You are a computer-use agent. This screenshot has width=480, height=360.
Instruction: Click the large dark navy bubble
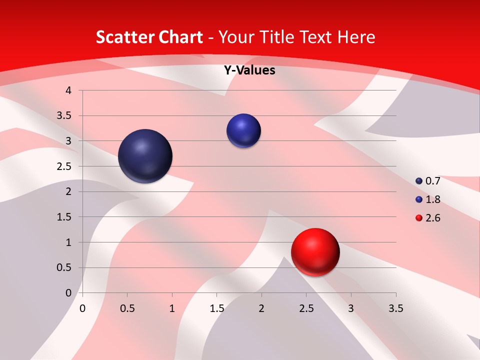pyautogui.click(x=145, y=156)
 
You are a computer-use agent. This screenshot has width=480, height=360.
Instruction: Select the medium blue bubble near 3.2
pyautogui.click(x=243, y=130)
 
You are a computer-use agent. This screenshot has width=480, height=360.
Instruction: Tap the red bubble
pyautogui.click(x=315, y=252)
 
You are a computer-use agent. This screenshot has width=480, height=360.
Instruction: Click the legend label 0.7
pyautogui.click(x=432, y=181)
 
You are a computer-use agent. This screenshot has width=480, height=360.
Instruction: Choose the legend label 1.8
pyautogui.click(x=432, y=199)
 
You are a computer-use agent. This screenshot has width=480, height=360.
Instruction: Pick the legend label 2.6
pyautogui.click(x=432, y=218)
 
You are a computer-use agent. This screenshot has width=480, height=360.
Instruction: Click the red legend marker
pyautogui.click(x=419, y=218)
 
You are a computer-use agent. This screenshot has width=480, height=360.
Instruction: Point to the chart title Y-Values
pyautogui.click(x=249, y=70)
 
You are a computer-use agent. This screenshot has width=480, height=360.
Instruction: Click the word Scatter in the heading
pyautogui.click(x=123, y=37)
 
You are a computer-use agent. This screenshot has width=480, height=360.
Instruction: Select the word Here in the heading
pyautogui.click(x=355, y=37)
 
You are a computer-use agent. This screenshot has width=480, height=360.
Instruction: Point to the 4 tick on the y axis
pyautogui.click(x=69, y=90)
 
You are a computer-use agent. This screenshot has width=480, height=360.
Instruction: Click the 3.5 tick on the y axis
pyautogui.click(x=65, y=116)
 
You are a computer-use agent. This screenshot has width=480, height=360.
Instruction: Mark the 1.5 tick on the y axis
pyautogui.click(x=65, y=217)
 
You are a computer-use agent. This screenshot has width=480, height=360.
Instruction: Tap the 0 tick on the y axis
pyautogui.click(x=69, y=293)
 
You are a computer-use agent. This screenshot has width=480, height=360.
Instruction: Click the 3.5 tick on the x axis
pyautogui.click(x=395, y=309)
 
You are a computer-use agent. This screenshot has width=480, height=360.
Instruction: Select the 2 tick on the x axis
pyautogui.click(x=261, y=309)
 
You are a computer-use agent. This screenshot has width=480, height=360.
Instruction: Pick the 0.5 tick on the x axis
pyautogui.click(x=127, y=309)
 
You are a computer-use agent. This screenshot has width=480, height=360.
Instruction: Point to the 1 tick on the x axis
pyautogui.click(x=172, y=309)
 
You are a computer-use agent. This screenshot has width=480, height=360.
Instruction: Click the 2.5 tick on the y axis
pyautogui.click(x=65, y=166)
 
